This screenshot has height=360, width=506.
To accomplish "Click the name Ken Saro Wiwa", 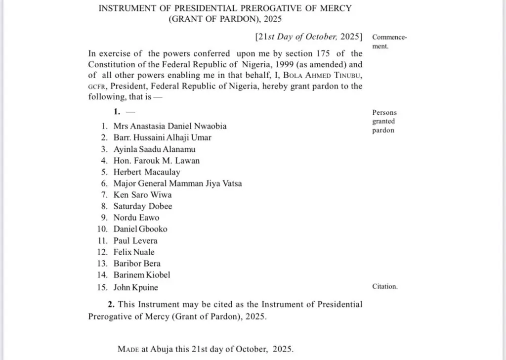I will tap(142, 195).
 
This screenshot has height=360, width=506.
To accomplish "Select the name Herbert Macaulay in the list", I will tap(147, 172).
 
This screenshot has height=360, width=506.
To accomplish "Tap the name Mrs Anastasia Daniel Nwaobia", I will tap(170, 126).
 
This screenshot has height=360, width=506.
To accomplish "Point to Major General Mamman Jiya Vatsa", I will tap(177, 183).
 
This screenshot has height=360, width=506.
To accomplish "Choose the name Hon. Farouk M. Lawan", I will tap(157, 161).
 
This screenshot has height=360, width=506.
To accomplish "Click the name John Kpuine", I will tap(136, 287).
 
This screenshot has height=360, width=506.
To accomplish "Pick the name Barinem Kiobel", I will tap(142, 275).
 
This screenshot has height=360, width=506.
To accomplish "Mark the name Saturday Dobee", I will tap(143, 206).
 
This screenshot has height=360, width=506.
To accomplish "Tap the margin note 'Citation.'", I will tap(384, 287).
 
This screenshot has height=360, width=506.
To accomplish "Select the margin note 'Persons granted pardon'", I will tap(384, 122).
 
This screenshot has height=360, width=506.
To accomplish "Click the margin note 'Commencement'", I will tap(389, 42).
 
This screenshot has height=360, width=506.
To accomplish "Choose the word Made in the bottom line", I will tap(129, 349).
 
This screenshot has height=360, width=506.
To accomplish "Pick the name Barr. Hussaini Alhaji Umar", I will tap(163, 137).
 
